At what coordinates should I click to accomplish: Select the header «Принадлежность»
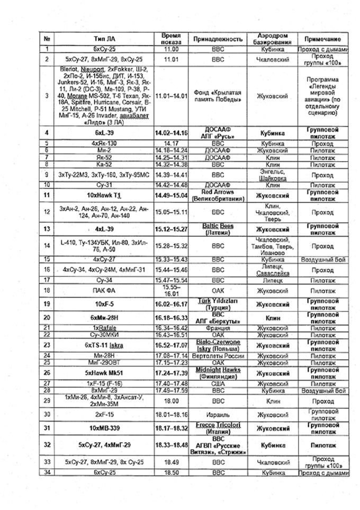[x=218, y=39]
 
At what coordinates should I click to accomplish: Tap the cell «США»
[x=218, y=383]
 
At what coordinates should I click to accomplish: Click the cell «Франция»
[x=218, y=328]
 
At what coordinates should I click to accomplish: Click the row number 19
[x=48, y=304]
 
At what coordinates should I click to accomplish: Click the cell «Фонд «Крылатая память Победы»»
[x=218, y=96]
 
